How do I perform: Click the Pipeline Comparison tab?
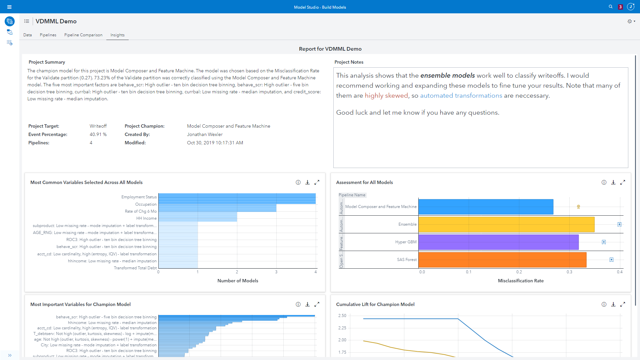point(83,35)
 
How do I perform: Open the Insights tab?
point(117,35)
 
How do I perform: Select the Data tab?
point(28,35)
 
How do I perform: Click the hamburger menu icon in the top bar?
point(9,7)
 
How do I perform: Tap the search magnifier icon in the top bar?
point(611,7)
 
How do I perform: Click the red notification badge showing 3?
point(620,7)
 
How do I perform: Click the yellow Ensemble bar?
point(506,224)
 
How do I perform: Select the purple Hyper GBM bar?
point(498,242)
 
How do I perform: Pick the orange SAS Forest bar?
point(502,260)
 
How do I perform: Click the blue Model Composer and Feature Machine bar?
point(486,207)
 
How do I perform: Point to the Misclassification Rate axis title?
point(521,281)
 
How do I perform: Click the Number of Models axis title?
point(238,281)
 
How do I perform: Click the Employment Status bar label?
point(139,197)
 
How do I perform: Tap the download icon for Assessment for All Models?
point(613,182)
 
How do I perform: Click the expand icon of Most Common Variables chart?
point(317,182)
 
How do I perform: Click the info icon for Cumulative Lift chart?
point(604,304)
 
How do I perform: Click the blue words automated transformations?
point(461,96)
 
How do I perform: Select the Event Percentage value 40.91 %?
point(98,134)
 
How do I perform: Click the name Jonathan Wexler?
point(205,134)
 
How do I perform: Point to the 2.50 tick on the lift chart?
point(342,316)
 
